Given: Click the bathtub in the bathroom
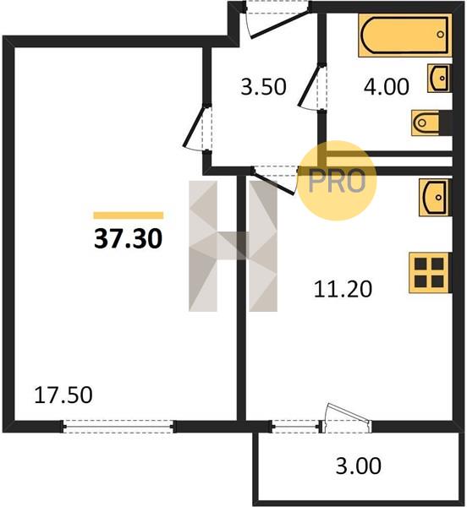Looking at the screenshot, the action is (405, 35).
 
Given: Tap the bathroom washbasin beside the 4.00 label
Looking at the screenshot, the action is (439, 79).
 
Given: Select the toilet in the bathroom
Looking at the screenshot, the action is (426, 123).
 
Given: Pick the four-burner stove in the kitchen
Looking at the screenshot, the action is (430, 273).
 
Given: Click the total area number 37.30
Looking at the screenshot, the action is (128, 239).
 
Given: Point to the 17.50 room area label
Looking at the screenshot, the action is (63, 395).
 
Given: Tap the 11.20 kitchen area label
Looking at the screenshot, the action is (343, 289).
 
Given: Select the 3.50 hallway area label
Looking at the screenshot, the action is (263, 87).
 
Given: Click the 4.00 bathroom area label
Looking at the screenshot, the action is (387, 87).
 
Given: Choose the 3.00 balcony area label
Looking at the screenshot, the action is (359, 466).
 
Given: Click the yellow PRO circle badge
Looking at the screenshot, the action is (337, 181).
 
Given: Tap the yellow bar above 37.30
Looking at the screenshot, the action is (129, 215).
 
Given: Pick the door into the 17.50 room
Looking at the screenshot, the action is (196, 127).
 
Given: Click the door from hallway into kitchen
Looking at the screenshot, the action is (275, 179).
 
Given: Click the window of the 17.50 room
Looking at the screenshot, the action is (118, 427).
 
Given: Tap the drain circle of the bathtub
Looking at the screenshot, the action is (440, 34).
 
